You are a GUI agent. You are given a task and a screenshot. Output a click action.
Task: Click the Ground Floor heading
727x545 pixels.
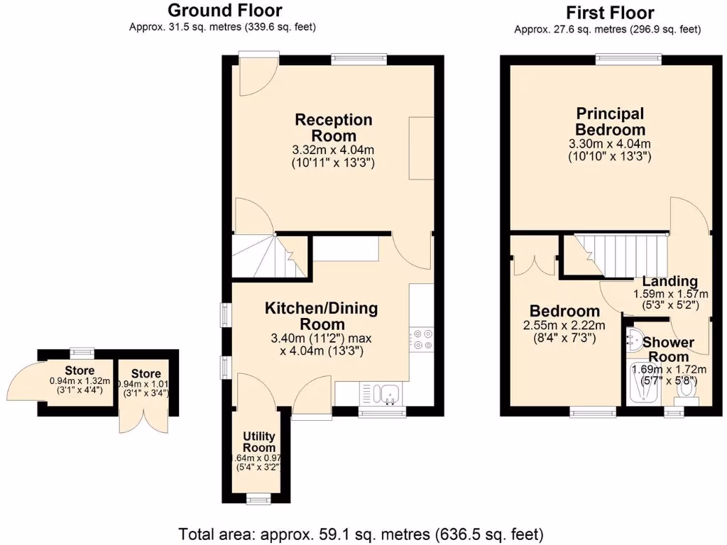224,11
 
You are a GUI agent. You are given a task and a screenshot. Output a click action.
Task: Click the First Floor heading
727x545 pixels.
610,13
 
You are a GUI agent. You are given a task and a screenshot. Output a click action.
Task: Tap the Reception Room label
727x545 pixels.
333,127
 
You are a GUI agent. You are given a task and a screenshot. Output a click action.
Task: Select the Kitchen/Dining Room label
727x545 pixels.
321,316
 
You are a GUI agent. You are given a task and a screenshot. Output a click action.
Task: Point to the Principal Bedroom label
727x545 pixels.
610,121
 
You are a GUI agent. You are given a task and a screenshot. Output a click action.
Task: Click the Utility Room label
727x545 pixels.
259,441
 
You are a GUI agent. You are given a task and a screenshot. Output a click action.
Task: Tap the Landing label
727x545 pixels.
670,282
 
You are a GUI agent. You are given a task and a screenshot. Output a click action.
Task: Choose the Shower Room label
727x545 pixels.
668,349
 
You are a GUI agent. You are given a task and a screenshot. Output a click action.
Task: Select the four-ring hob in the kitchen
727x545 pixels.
422,339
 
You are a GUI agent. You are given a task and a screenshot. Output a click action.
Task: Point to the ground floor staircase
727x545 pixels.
266,257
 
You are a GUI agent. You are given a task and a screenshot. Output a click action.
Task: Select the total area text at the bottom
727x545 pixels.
361,533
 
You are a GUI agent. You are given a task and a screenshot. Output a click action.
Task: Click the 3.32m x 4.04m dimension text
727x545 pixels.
333,150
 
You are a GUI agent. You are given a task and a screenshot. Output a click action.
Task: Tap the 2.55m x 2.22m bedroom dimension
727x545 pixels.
564,326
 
